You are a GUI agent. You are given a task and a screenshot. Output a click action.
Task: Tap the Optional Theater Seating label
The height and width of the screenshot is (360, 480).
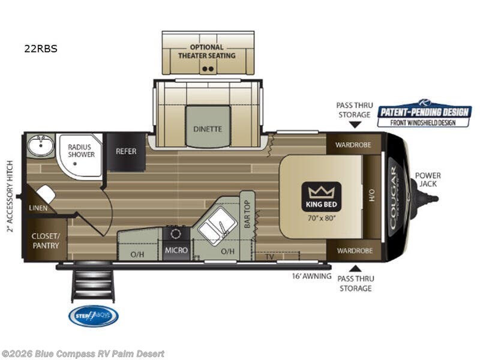[207, 51]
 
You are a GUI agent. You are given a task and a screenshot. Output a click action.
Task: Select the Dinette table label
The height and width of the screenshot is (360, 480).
[208, 128]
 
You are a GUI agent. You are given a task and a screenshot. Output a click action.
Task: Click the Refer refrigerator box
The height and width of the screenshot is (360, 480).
[126, 151]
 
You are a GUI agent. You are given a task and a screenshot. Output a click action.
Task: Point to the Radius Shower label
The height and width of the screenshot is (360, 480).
[81, 150]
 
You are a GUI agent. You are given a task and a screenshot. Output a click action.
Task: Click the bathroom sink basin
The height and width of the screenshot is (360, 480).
[41, 144]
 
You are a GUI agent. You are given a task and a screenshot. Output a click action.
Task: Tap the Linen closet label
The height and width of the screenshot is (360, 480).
[37, 208]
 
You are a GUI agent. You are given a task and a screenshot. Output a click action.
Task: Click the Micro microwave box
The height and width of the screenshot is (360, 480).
[176, 250]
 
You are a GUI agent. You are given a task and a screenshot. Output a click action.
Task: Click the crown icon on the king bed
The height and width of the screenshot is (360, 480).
[321, 193]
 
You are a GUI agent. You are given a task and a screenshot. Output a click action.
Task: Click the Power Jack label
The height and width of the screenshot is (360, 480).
[428, 179]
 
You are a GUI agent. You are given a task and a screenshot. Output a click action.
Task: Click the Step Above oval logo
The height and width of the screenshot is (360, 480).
[93, 316]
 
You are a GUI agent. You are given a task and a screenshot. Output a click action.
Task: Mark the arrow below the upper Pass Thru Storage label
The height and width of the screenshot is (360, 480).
[355, 125]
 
